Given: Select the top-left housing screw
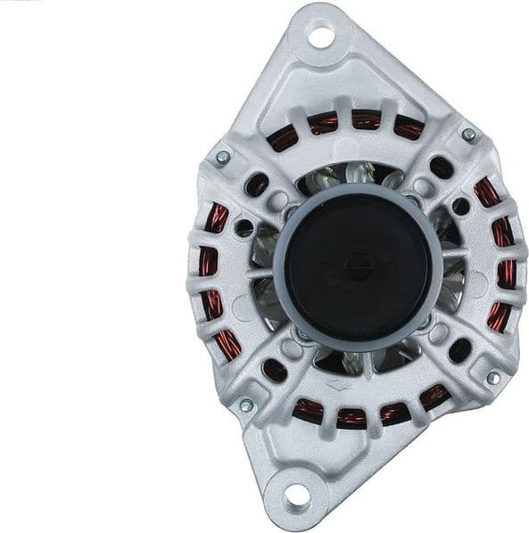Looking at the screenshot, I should point(223,158).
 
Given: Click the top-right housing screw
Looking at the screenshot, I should point(467,135).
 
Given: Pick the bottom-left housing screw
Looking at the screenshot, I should point(246,406).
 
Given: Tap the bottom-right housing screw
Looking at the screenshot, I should point(492,378).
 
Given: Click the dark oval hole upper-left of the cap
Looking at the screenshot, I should point(257,184).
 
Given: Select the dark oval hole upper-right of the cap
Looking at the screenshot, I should point(441,167).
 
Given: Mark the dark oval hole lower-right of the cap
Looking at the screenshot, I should point(459,349).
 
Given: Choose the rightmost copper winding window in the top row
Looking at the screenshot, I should point(409,129).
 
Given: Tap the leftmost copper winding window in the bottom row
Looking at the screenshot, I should point(309,408).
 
